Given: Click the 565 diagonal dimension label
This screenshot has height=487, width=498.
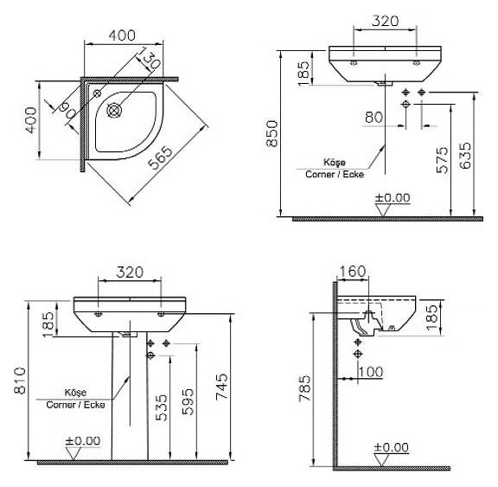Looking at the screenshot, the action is [x=161, y=158].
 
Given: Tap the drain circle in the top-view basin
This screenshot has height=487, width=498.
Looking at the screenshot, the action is [x=113, y=110].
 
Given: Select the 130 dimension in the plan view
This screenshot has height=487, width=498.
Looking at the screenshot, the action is [x=149, y=58].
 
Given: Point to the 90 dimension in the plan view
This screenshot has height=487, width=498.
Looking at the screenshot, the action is [x=67, y=110].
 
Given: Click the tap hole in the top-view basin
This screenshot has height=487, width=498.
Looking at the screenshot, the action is [x=97, y=93].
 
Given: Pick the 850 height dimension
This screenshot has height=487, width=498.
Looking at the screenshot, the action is [x=271, y=133].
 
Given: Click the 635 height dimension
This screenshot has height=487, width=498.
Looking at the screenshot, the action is [x=466, y=156].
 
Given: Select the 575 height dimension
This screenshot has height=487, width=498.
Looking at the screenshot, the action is [x=442, y=159].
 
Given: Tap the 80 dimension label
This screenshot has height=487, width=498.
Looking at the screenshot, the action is [x=373, y=118].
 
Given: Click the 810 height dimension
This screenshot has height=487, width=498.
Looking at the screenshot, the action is [x=21, y=381].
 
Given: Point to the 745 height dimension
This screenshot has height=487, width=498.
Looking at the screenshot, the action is [x=221, y=387].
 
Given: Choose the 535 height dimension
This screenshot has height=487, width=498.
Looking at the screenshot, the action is [x=162, y=408].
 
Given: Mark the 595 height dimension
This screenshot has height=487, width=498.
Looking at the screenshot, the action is [x=188, y=401].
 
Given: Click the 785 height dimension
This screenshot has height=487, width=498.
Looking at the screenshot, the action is [x=304, y=388].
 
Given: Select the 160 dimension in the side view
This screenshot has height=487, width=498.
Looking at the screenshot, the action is [x=353, y=272].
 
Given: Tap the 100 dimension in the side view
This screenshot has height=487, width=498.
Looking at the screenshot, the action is [x=370, y=372].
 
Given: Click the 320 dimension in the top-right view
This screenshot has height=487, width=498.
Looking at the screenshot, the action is [x=385, y=21].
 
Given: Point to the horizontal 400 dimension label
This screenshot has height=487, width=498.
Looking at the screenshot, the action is [x=122, y=35].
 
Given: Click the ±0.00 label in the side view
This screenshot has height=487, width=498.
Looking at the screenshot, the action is [x=392, y=447].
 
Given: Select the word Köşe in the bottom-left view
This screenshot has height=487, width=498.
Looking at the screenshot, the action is [x=75, y=393].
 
